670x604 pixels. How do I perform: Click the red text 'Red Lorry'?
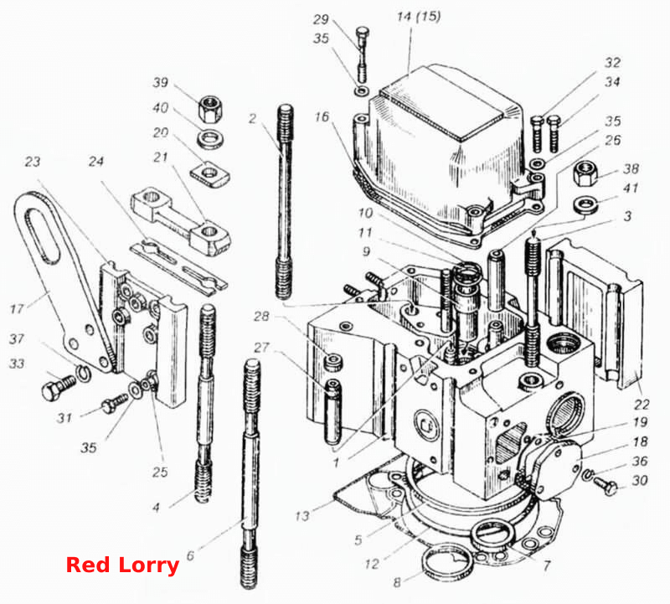pos(122,565)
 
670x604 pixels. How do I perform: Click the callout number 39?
pos(161,82)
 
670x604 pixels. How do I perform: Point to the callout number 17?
pos(17,308)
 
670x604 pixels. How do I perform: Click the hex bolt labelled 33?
pos(58,385)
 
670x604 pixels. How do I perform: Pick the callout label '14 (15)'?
pos(419,17)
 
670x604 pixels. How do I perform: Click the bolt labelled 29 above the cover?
pos(362,54)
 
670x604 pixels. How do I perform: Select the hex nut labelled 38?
pos(585,173)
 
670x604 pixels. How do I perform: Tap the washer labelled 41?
pos(585,205)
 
